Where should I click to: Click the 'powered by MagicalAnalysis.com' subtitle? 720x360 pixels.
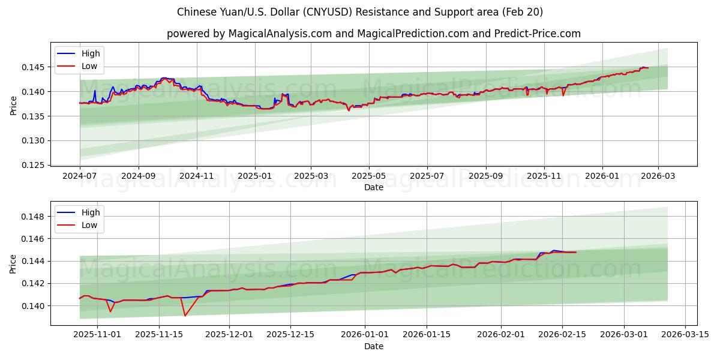click(x=373, y=34)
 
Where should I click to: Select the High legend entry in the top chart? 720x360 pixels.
click(x=91, y=54)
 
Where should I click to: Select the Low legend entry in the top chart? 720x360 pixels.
click(x=89, y=67)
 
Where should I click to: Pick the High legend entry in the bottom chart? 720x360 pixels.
click(x=91, y=212)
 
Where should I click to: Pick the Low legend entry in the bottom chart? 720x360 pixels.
click(x=89, y=225)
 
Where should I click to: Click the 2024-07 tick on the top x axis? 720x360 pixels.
click(x=80, y=176)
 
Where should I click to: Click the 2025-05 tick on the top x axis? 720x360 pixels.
click(x=368, y=176)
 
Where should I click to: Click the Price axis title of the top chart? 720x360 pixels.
click(x=13, y=105)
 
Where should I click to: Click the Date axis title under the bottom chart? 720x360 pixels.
click(x=373, y=346)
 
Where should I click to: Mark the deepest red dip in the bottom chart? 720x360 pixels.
click(x=185, y=316)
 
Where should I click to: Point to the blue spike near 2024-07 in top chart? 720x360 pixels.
click(x=95, y=91)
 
